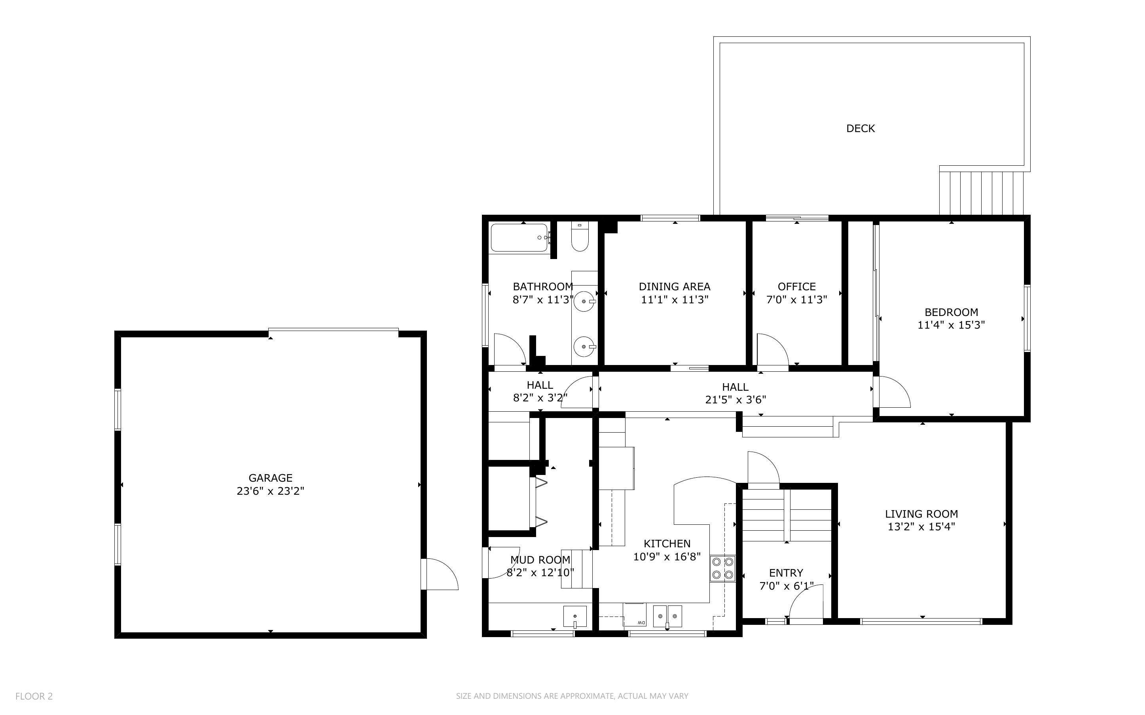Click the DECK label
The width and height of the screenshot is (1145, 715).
860,128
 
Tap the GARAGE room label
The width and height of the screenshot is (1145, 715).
271,478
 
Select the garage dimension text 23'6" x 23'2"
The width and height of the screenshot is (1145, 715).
271,491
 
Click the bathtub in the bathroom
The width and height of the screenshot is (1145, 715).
520,237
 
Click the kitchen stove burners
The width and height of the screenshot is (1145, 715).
723,568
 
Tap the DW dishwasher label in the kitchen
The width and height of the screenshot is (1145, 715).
641,622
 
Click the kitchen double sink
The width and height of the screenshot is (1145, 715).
667,616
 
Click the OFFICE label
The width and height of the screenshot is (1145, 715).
796,287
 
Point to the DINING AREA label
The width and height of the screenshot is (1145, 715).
675,287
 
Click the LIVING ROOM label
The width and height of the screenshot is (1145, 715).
921,514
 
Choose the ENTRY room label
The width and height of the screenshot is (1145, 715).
786,573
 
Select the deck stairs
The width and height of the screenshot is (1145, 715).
982,193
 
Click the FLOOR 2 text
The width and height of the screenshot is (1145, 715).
34,696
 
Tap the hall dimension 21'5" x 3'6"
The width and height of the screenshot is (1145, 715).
736,399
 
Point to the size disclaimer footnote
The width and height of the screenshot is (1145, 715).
572,696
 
